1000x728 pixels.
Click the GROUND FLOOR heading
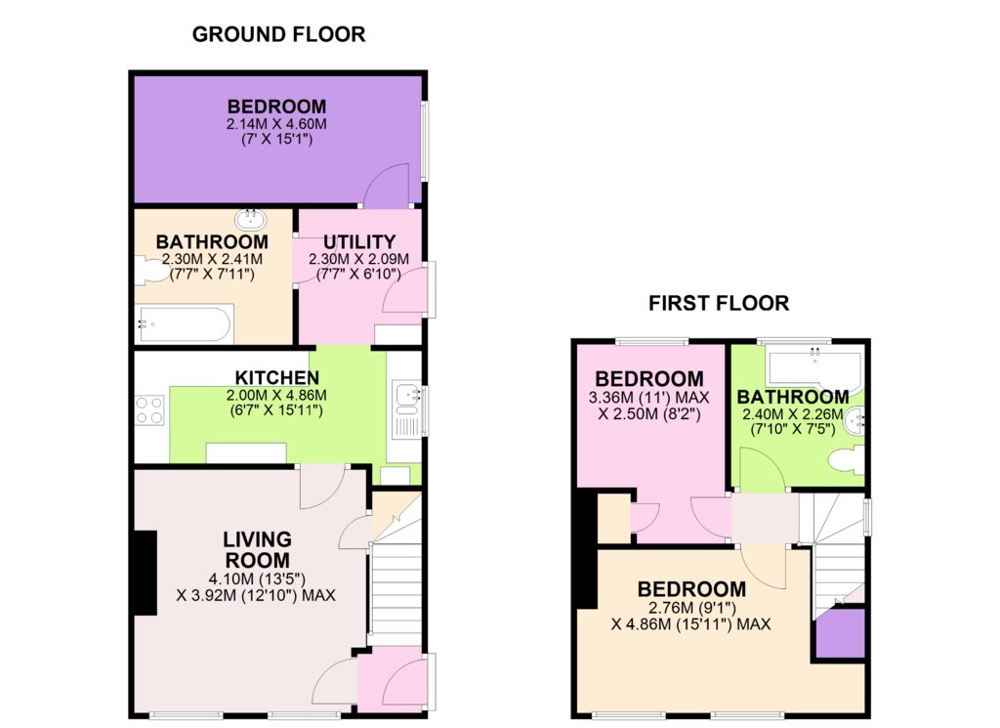pyautogui.click(x=278, y=34)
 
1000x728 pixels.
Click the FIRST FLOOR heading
pyautogui.click(x=719, y=303)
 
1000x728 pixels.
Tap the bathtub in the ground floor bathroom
pyautogui.click(x=185, y=324)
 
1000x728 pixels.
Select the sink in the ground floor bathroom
pyautogui.click(x=251, y=220)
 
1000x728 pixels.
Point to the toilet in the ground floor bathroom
pyautogui.click(x=149, y=271)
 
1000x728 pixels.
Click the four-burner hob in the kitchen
pyautogui.click(x=149, y=409)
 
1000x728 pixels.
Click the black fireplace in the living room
pyautogui.click(x=146, y=573)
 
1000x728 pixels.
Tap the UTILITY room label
pyautogui.click(x=359, y=241)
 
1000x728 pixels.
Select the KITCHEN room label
pyautogui.click(x=276, y=378)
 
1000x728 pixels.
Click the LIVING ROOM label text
pyautogui.click(x=257, y=549)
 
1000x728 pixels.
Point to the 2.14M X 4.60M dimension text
pyautogui.click(x=276, y=124)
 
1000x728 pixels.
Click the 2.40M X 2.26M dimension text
pyautogui.click(x=793, y=414)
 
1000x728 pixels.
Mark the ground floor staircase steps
pyautogui.click(x=396, y=587)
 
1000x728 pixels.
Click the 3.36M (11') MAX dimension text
pyautogui.click(x=648, y=398)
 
